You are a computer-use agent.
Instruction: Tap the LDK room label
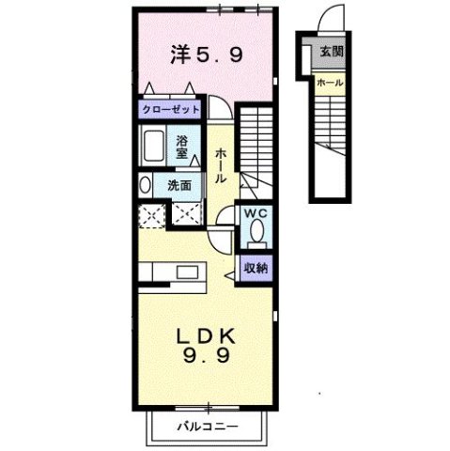pos(208,335)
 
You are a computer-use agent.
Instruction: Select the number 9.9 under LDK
pos(208,357)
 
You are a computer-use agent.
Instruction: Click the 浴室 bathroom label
pos(183,147)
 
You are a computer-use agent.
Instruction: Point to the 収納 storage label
pos(256,268)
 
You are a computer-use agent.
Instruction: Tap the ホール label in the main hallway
pos(219,165)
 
